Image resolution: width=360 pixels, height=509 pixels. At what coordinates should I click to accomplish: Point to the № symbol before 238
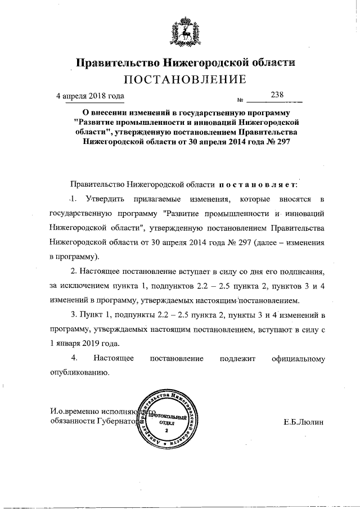tap(240, 101)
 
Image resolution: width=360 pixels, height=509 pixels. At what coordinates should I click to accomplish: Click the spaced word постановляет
tap(259, 184)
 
